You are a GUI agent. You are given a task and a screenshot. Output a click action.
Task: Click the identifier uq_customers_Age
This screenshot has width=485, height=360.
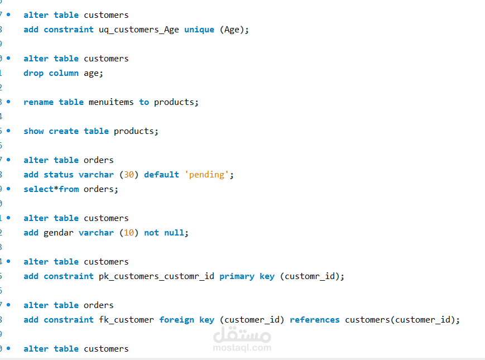(x=139, y=30)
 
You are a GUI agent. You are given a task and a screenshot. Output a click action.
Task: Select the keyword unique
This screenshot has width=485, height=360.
(x=199, y=30)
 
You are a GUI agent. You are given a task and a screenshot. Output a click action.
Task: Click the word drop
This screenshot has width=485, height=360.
(x=33, y=73)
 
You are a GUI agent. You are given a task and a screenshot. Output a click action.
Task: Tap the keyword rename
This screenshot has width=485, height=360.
(x=39, y=102)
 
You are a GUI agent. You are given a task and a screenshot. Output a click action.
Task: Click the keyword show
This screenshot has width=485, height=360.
(x=33, y=131)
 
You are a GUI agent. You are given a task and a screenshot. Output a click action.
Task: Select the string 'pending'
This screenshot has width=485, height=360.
(x=207, y=175)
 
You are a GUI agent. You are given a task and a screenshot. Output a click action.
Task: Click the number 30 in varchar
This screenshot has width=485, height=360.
(x=129, y=175)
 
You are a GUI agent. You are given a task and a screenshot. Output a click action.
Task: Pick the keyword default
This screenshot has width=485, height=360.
(x=161, y=175)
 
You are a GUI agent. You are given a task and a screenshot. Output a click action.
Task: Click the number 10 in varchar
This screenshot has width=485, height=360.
(x=129, y=233)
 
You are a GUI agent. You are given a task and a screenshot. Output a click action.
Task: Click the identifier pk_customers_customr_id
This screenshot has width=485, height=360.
(x=156, y=276)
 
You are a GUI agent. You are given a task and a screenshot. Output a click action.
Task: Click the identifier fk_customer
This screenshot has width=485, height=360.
(x=126, y=320)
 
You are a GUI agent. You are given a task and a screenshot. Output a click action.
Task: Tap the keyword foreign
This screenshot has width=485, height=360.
(x=176, y=320)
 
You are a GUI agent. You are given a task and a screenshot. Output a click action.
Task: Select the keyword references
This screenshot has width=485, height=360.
(x=314, y=320)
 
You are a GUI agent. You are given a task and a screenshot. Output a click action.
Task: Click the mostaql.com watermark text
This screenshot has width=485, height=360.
(x=242, y=348)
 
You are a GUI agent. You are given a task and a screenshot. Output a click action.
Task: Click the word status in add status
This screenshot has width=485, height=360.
(x=59, y=175)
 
